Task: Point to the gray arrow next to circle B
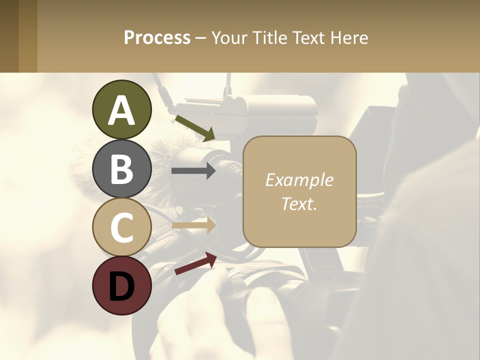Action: [x=193, y=171]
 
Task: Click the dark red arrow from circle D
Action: [x=195, y=263]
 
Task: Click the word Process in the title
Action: [x=157, y=37]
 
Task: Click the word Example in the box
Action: [x=299, y=180]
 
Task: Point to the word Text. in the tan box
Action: [x=299, y=203]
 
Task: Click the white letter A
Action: [x=121, y=111]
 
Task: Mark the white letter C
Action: [x=121, y=227]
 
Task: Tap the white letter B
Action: [x=121, y=169]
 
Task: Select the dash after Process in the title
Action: [x=200, y=38]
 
